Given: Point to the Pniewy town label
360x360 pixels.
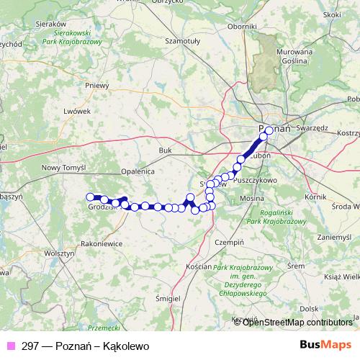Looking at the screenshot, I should [96, 84].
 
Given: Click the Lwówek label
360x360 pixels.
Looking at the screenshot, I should [77, 112].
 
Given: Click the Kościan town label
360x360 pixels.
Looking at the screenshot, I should [198, 266].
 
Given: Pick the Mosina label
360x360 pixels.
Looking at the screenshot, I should [252, 197].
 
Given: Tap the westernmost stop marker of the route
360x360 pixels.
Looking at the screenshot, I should [91, 197].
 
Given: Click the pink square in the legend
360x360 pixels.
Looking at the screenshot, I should [10, 346].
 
